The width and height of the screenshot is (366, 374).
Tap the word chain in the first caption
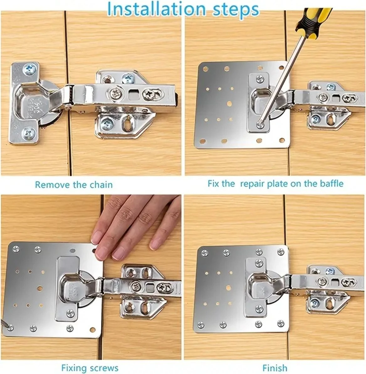click(101, 184)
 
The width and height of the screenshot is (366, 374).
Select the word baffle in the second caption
click(332, 184)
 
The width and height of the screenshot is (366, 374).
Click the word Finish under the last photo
click(275, 367)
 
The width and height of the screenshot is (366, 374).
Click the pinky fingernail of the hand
click(155, 245)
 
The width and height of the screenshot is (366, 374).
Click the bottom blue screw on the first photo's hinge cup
click(29, 133)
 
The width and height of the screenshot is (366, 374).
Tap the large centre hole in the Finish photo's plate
click(228, 288)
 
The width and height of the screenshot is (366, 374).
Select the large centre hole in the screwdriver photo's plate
click(229, 104)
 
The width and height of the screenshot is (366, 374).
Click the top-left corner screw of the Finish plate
click(204, 253)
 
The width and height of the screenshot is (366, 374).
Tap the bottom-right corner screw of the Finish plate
click(280, 324)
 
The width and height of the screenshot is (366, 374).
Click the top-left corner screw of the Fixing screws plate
click(16, 249)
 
